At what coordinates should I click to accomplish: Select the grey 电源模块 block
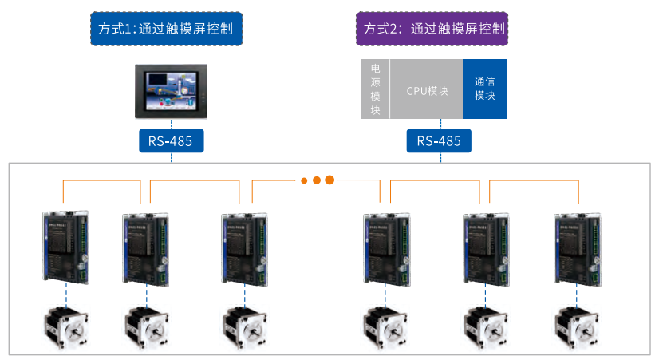(x=375, y=89)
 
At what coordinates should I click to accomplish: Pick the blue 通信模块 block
(x=484, y=89)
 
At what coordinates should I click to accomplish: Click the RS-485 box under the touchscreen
(x=171, y=141)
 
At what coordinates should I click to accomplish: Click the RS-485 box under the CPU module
(x=439, y=141)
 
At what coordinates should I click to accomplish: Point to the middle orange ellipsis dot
(x=316, y=180)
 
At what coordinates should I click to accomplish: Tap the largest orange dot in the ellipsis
(x=329, y=180)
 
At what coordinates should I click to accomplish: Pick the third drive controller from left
(x=244, y=247)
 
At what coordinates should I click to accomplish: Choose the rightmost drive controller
(x=577, y=247)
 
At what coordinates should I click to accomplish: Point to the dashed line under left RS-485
(x=171, y=159)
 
